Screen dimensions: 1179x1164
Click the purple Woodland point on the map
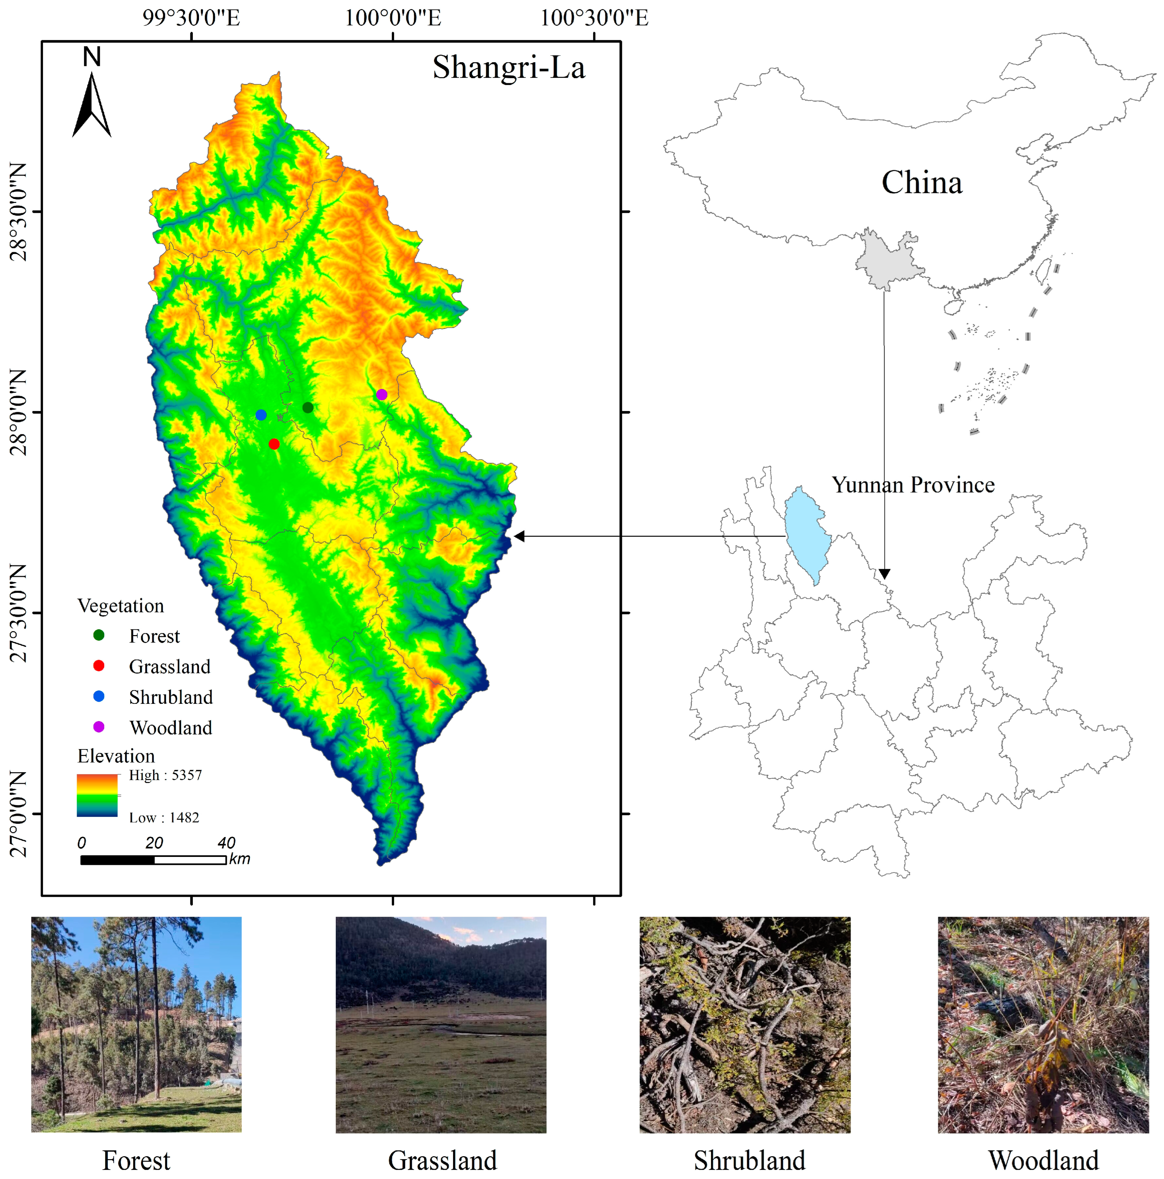tap(381, 394)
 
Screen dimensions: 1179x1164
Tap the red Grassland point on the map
tap(274, 444)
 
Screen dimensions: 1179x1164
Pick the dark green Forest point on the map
tap(308, 407)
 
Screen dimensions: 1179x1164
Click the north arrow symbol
tap(92, 104)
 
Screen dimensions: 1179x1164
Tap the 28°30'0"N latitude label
tap(18, 212)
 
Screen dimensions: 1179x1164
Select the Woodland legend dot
tap(98, 726)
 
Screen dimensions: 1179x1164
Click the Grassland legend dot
tap(98, 665)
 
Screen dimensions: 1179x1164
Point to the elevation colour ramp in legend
tap(97, 795)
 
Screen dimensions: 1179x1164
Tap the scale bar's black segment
tap(117, 860)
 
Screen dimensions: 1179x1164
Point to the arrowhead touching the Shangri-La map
tap(519, 536)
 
